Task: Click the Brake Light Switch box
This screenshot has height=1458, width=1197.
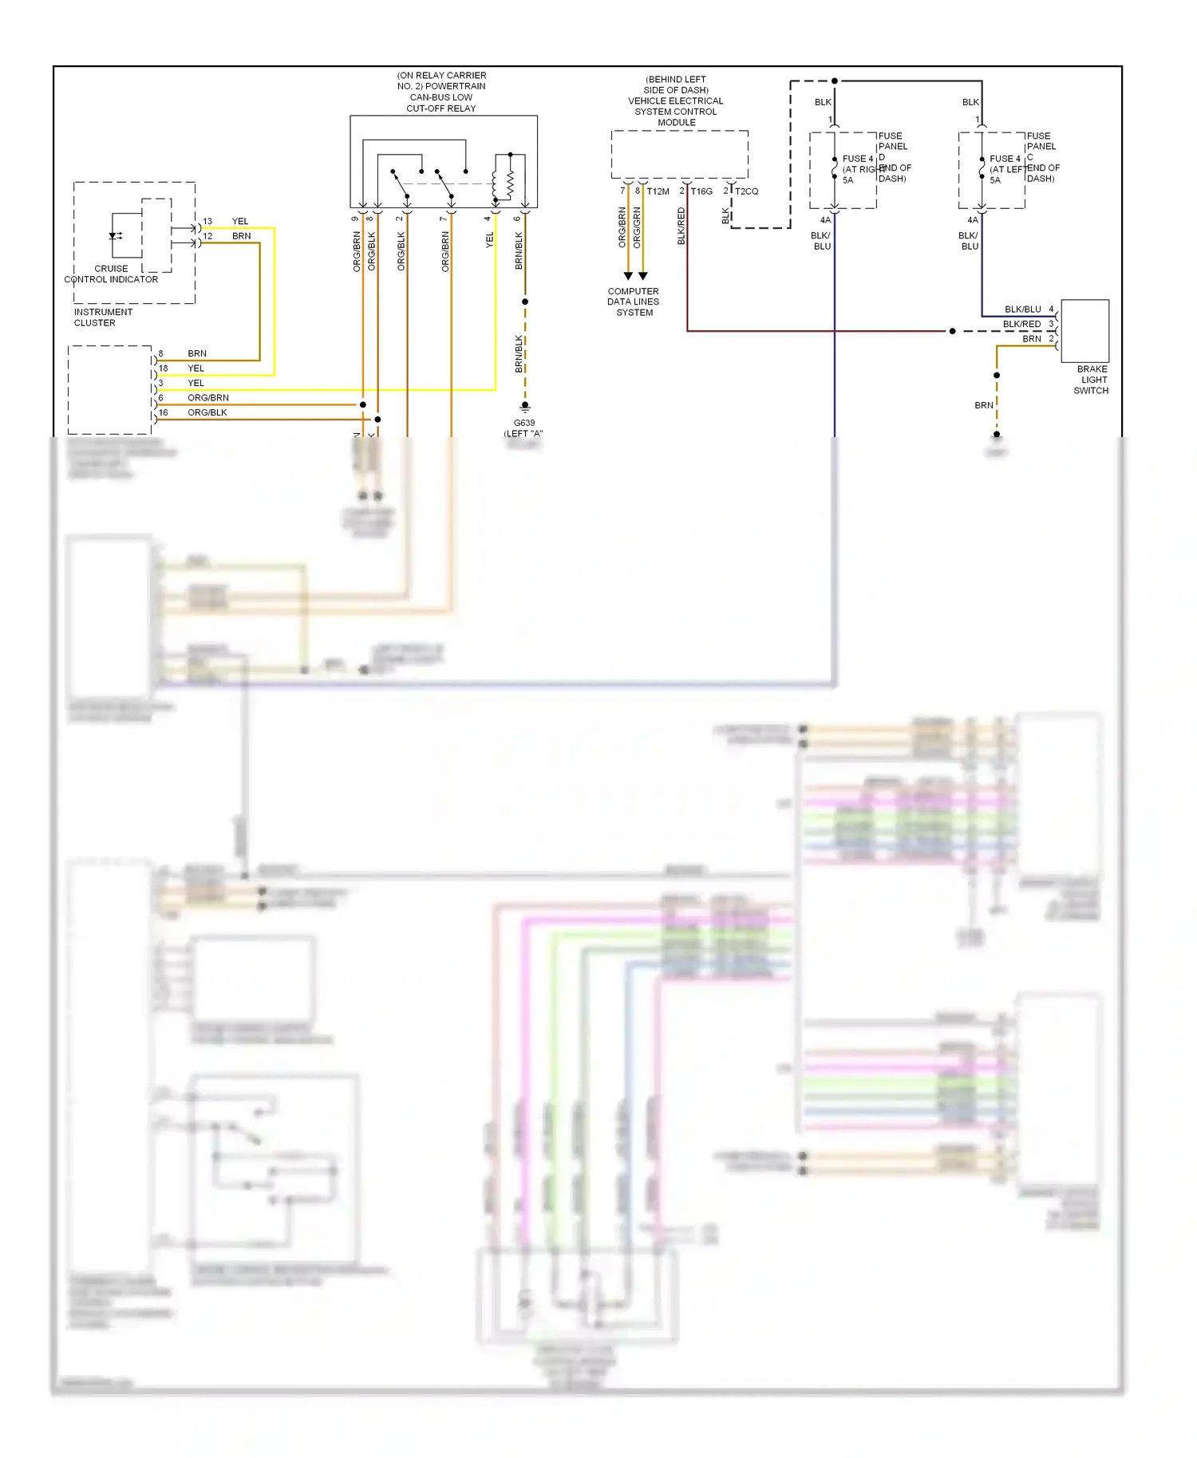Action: click(1084, 331)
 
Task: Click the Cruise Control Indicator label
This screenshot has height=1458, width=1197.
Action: click(111, 274)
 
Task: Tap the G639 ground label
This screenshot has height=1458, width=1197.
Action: click(524, 424)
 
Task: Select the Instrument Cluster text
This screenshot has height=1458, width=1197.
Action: click(103, 317)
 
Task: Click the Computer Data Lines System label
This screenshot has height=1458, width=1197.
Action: click(634, 302)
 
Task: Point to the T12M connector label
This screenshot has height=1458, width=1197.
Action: click(658, 191)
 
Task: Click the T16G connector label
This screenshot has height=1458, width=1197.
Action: click(701, 191)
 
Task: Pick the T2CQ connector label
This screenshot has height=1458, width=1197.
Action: click(747, 191)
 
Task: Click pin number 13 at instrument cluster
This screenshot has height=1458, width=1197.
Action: click(207, 222)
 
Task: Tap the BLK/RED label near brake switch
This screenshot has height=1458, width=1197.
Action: click(1021, 325)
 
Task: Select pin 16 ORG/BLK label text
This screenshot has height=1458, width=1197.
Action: click(207, 412)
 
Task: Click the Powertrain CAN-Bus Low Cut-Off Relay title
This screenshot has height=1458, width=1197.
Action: click(441, 92)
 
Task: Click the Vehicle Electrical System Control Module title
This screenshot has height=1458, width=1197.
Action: click(676, 101)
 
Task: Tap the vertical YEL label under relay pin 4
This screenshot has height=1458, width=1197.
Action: click(490, 239)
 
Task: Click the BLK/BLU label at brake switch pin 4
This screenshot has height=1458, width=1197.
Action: click(1022, 309)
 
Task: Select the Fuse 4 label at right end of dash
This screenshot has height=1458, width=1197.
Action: click(858, 159)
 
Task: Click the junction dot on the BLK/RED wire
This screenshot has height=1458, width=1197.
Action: click(952, 331)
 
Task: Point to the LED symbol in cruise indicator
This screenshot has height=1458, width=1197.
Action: click(114, 236)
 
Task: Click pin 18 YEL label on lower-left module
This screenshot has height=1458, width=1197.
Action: click(196, 368)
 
